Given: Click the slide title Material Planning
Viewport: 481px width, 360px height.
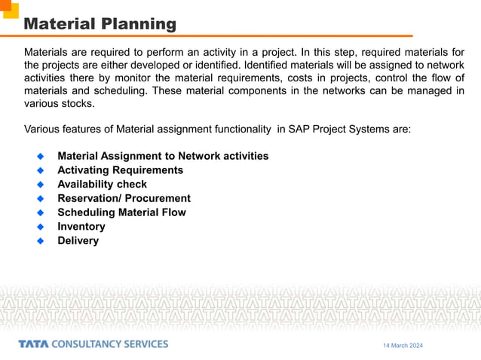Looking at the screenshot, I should pos(100,23).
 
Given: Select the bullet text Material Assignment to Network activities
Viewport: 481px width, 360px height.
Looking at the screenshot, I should pos(163,156).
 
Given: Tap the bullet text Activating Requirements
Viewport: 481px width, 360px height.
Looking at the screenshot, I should pos(120,170).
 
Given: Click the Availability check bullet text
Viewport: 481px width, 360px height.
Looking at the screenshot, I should pos(102,185).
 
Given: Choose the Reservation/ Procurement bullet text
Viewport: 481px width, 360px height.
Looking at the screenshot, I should pos(124,199).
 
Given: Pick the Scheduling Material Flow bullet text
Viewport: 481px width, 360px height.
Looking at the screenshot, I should pos(121,212).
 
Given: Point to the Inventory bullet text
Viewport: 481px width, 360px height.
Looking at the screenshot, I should pos(81,227).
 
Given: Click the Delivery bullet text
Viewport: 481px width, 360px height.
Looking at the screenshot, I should pos(78,241).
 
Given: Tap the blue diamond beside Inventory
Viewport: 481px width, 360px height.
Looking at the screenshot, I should pos(41,227).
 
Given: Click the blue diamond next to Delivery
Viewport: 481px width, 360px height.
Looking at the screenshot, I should pos(41,241).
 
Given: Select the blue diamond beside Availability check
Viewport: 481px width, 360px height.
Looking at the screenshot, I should pos(41,185).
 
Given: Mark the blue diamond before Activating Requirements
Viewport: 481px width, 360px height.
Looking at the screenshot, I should pos(41,170).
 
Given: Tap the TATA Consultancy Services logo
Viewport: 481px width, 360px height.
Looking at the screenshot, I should pos(93,344).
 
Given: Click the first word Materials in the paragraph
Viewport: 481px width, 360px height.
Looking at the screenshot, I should pos(47,52).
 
